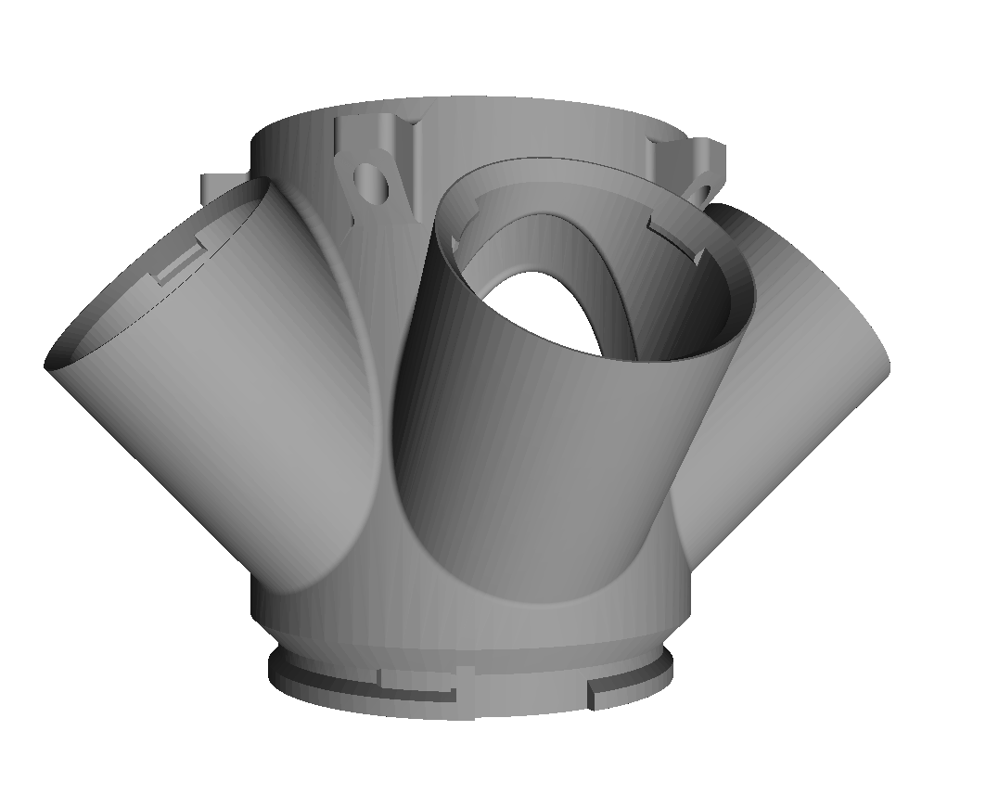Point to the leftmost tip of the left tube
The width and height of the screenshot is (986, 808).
tap(46, 365)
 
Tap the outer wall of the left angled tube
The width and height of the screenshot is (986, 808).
tap(204, 417)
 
